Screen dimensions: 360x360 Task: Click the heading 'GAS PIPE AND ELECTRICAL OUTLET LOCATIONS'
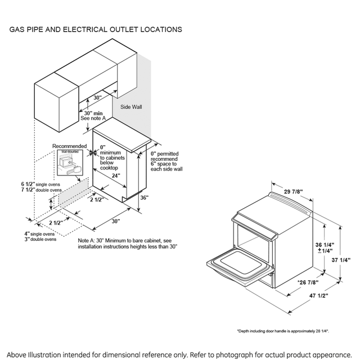(95, 29)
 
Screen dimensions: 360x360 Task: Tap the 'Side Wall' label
(131, 106)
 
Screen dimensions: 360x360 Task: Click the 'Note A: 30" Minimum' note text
(128, 244)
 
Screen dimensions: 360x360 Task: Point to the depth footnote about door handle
(282, 331)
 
